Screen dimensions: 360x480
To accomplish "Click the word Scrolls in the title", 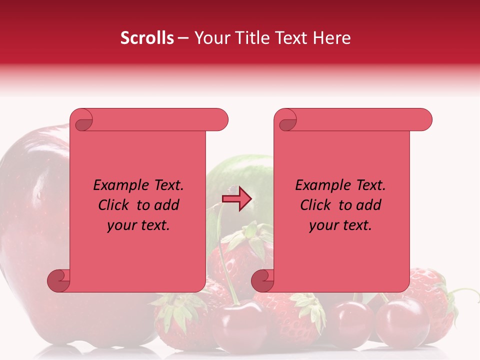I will [x=147, y=38].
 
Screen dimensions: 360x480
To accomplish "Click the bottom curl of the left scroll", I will [x=59, y=280].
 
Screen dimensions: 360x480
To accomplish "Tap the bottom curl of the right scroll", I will [x=263, y=280].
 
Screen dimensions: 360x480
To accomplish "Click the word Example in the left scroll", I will [x=116, y=185].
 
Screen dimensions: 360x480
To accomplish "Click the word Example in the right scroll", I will [x=318, y=185].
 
